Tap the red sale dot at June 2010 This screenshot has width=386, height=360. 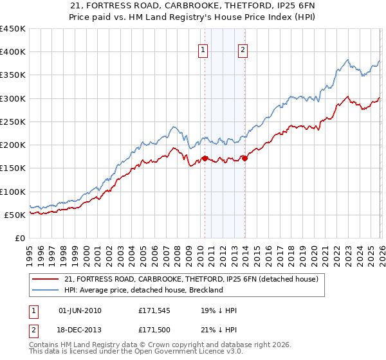205,158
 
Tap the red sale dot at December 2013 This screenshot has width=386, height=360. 244,158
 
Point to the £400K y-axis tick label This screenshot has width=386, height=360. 13,52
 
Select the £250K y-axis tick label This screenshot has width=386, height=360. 13,122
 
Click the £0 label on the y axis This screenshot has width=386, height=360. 21,238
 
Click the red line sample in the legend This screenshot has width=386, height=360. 46,279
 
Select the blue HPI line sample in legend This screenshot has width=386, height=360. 46,290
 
